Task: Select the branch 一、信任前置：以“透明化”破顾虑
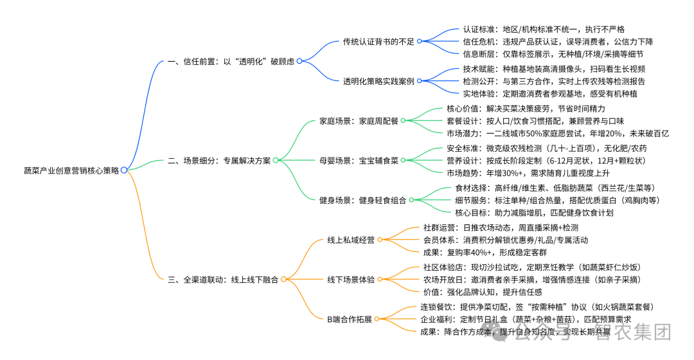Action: (x=230, y=61)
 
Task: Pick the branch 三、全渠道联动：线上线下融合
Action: (x=223, y=279)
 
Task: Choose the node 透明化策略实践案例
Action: (x=379, y=81)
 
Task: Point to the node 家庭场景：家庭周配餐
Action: (x=359, y=121)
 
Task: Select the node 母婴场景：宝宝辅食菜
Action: (x=359, y=160)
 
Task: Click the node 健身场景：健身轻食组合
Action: (x=362, y=200)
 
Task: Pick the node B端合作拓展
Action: (x=350, y=319)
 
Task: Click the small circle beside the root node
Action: (x=124, y=170)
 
